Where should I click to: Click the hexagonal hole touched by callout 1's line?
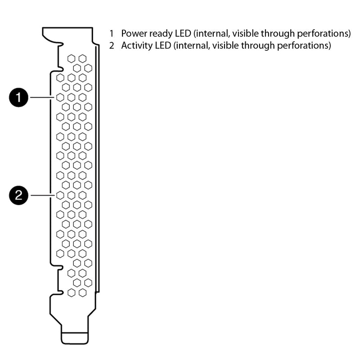pyautogui.click(x=60, y=97)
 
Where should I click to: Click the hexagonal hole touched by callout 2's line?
pyautogui.click(x=60, y=195)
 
